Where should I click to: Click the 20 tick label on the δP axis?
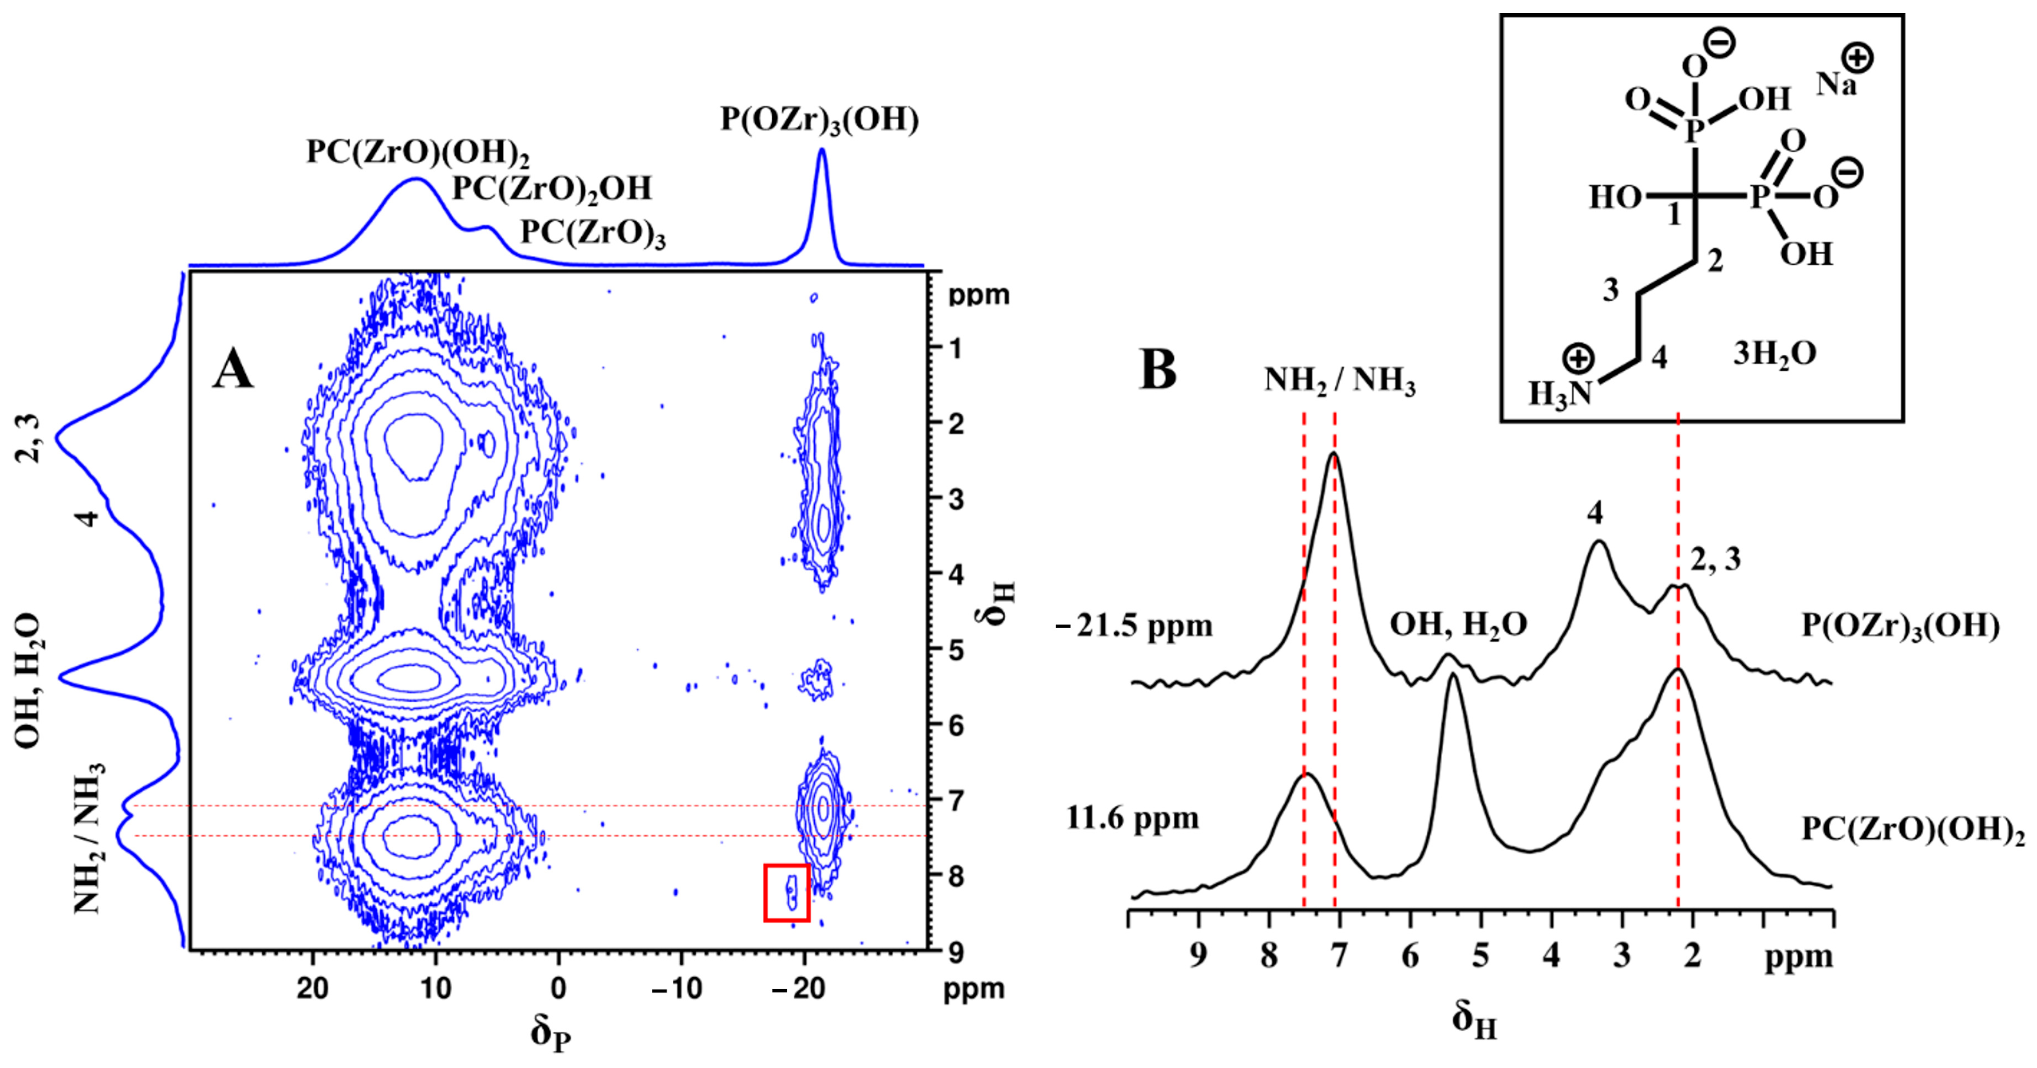point(313,988)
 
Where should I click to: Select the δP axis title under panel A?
point(550,1033)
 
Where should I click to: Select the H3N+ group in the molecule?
point(1562,383)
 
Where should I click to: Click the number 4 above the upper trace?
point(1595,513)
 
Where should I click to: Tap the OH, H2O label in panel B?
point(1458,625)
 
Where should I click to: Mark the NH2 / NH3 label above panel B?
point(1339,381)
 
